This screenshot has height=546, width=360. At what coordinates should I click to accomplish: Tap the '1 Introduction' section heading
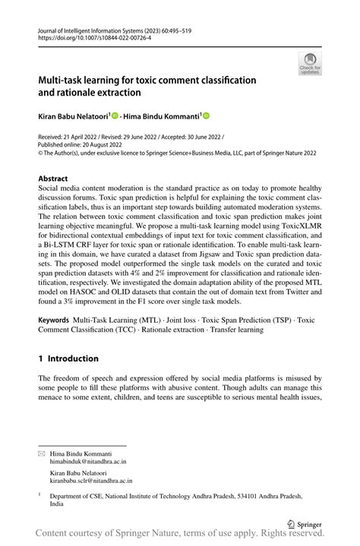(68, 358)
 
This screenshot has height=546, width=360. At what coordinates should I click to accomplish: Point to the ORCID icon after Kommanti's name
(206, 116)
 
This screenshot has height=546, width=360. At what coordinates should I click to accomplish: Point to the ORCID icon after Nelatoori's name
(115, 116)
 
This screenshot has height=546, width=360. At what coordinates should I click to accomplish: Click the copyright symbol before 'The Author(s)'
(41, 152)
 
